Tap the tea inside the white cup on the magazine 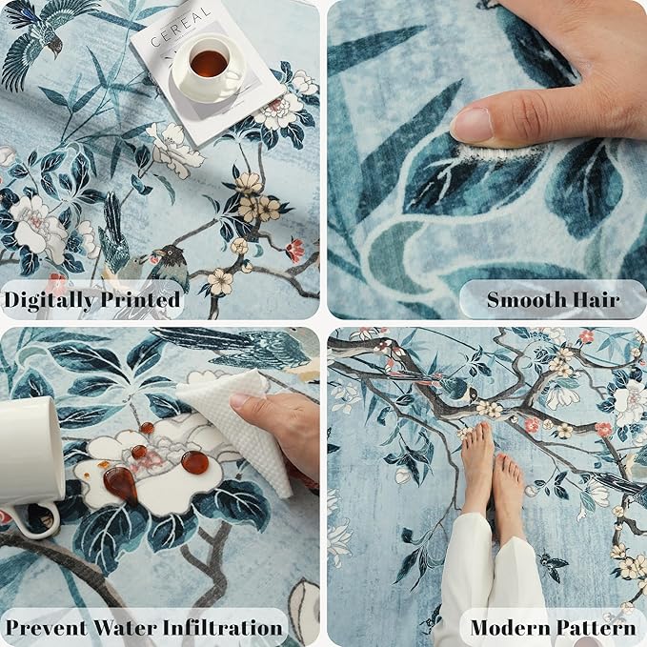(209, 64)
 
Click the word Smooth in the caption (524, 300)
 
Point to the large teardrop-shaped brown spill (120, 483)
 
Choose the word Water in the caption (126, 627)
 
